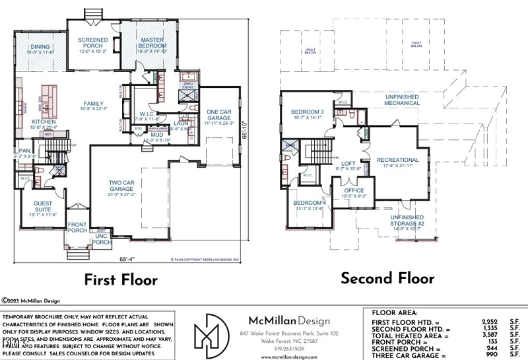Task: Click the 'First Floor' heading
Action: [x=121, y=279]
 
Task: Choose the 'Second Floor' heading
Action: [x=387, y=278]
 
